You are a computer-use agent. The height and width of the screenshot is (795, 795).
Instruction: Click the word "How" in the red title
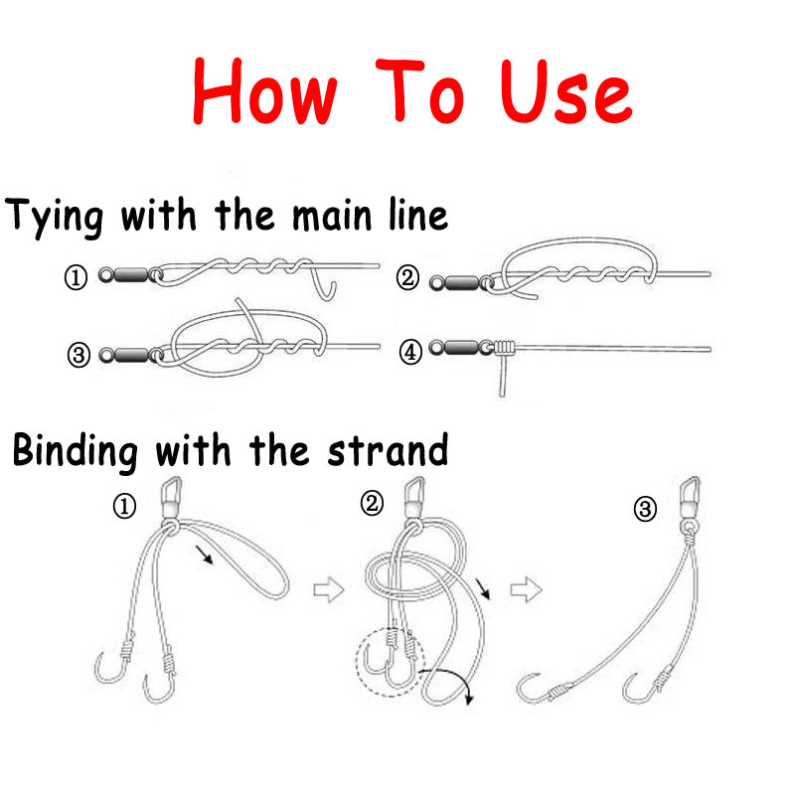264,91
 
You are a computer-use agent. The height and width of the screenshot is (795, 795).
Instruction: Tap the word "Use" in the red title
565,92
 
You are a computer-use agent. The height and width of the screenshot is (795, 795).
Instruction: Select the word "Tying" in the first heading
54,218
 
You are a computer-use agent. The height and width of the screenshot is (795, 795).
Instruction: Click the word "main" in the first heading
333,216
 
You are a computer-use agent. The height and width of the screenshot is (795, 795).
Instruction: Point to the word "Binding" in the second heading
76,452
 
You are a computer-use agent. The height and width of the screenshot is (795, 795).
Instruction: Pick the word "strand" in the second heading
388,450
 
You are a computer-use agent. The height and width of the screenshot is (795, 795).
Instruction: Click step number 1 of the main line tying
76,278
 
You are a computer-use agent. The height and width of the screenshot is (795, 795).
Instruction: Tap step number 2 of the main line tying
407,278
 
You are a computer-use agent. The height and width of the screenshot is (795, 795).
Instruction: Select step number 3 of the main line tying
79,355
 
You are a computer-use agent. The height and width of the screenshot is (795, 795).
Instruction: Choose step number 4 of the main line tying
410,352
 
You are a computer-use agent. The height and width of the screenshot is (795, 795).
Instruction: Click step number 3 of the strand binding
645,509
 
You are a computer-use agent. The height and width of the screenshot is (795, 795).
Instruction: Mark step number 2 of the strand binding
372,504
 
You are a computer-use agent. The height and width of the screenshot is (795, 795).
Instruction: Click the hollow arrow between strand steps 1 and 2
329,590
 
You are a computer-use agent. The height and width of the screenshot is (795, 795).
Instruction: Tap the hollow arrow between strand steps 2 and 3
526,589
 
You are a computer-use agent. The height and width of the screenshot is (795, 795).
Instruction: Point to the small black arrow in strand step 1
205,556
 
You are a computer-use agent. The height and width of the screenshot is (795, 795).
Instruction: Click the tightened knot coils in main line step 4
504,347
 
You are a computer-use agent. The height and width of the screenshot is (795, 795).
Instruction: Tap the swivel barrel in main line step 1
131,276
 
